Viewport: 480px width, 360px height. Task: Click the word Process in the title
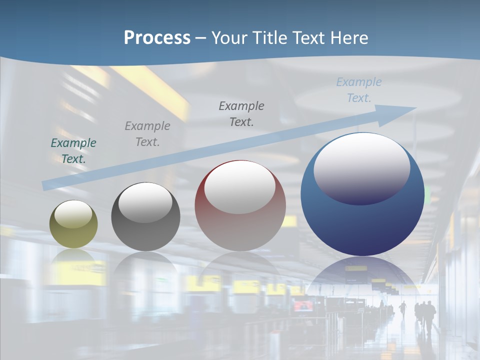pyautogui.click(x=157, y=38)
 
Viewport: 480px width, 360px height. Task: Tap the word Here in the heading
pyautogui.click(x=349, y=38)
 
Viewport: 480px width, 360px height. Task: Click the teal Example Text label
pyautogui.click(x=73, y=151)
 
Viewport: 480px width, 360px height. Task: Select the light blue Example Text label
pyautogui.click(x=359, y=90)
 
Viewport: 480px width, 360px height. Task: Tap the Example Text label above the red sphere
pyautogui.click(x=241, y=114)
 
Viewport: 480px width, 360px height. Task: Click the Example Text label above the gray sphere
pyautogui.click(x=147, y=134)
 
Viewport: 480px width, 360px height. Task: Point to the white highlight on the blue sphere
pyautogui.click(x=361, y=167)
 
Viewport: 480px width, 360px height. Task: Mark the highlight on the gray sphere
pyautogui.click(x=145, y=201)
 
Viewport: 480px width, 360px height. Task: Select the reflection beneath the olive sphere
pyautogui.click(x=73, y=257)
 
